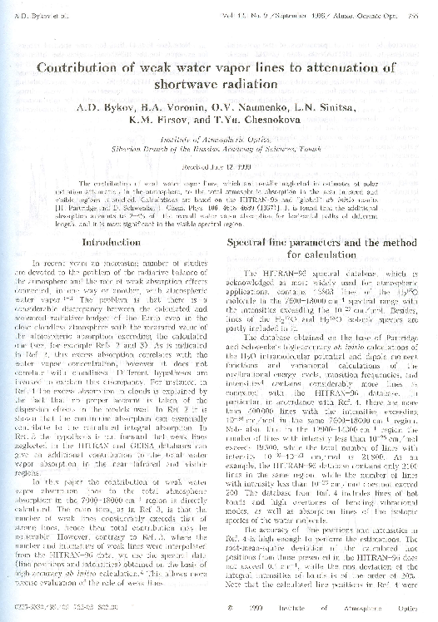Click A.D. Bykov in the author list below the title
98,107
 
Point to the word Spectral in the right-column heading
251,242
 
